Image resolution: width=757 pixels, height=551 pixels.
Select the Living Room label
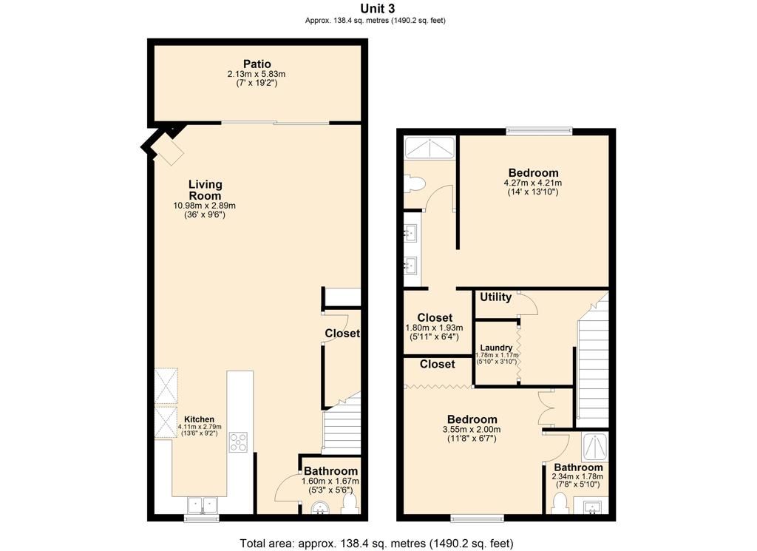point(205,190)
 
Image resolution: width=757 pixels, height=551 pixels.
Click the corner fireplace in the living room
point(166,151)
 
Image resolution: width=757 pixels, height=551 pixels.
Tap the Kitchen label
point(200,419)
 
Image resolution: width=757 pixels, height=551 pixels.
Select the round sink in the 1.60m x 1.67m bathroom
point(319,507)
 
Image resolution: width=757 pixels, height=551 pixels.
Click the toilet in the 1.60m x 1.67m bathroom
point(350,504)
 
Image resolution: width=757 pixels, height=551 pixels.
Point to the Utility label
point(495,297)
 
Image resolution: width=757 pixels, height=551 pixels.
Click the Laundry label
point(496,348)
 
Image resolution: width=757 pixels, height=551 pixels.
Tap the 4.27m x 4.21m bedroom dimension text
point(532,183)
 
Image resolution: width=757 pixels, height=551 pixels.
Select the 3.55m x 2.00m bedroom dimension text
point(471,430)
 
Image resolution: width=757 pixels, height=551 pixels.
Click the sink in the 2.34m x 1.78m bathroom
point(593,507)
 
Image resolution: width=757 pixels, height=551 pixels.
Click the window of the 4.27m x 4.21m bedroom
point(539,132)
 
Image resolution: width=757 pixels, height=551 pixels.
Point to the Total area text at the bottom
point(376,543)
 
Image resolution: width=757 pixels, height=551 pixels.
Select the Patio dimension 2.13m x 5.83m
point(256,74)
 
